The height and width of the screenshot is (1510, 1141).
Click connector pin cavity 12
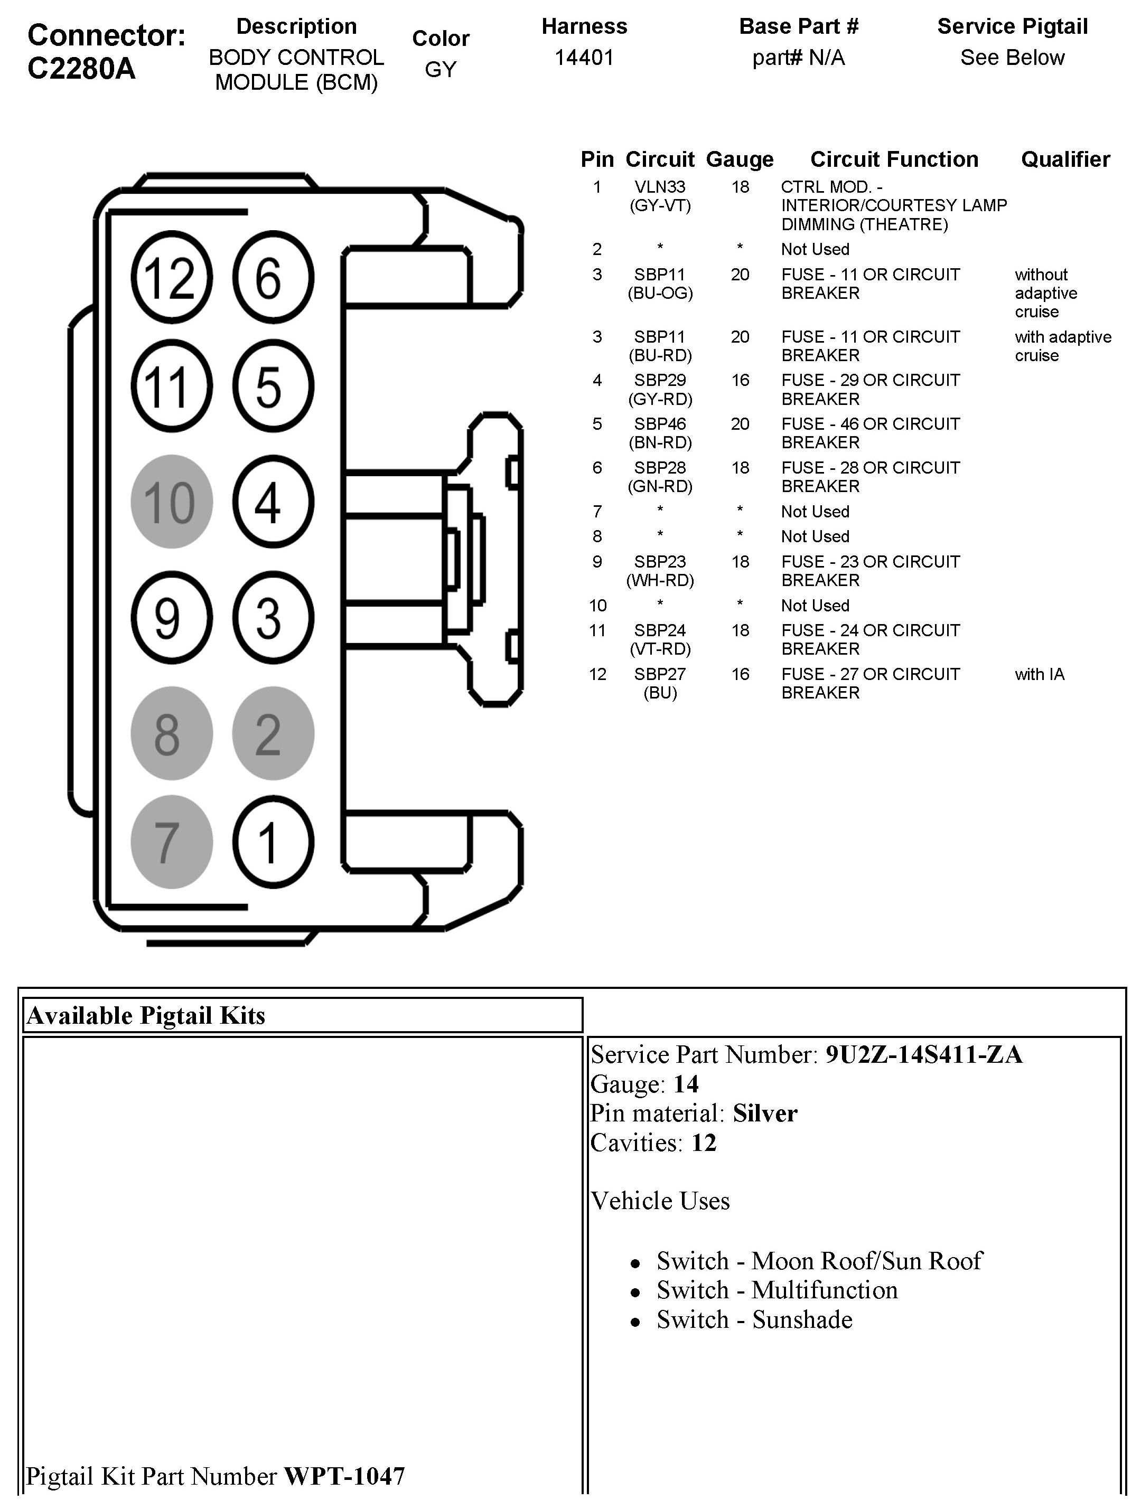pos(171,278)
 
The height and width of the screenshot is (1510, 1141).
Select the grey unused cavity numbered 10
pos(171,502)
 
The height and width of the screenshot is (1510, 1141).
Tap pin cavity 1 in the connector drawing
pos(273,842)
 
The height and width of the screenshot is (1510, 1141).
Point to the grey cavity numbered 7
pos(171,842)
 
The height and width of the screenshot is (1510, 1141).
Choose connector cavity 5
pos(273,386)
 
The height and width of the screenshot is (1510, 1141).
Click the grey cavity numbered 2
pos(273,733)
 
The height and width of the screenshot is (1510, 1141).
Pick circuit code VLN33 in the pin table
pos(660,187)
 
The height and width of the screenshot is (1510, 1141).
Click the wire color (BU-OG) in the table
pos(660,294)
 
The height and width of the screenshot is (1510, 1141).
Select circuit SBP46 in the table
pos(660,424)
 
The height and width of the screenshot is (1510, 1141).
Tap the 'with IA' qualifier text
pos(1039,674)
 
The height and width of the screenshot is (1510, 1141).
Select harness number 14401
pos(584,58)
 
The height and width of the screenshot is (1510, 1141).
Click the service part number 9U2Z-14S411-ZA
pos(924,1055)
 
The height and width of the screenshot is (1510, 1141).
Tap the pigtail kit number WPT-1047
pos(344,1476)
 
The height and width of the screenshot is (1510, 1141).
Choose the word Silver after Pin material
pos(765,1113)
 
